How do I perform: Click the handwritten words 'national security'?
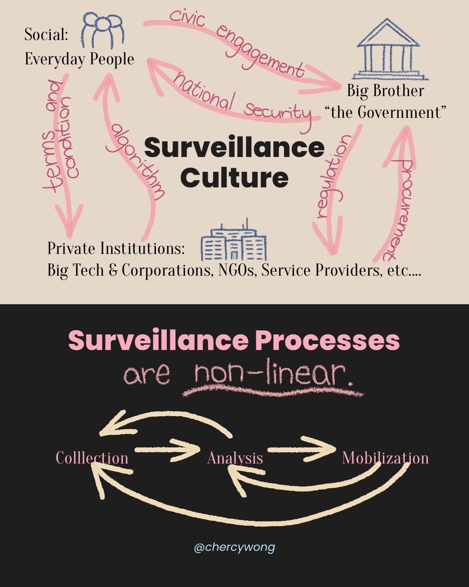(241, 100)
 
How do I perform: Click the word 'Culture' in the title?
(234, 177)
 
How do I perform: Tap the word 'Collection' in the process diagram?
(92, 458)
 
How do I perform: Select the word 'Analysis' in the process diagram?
(235, 458)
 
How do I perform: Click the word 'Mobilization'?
(385, 458)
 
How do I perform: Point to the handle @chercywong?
(234, 547)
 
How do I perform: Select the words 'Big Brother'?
(385, 91)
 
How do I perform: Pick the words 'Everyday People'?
(79, 59)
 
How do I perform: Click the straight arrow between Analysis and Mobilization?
(301, 449)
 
